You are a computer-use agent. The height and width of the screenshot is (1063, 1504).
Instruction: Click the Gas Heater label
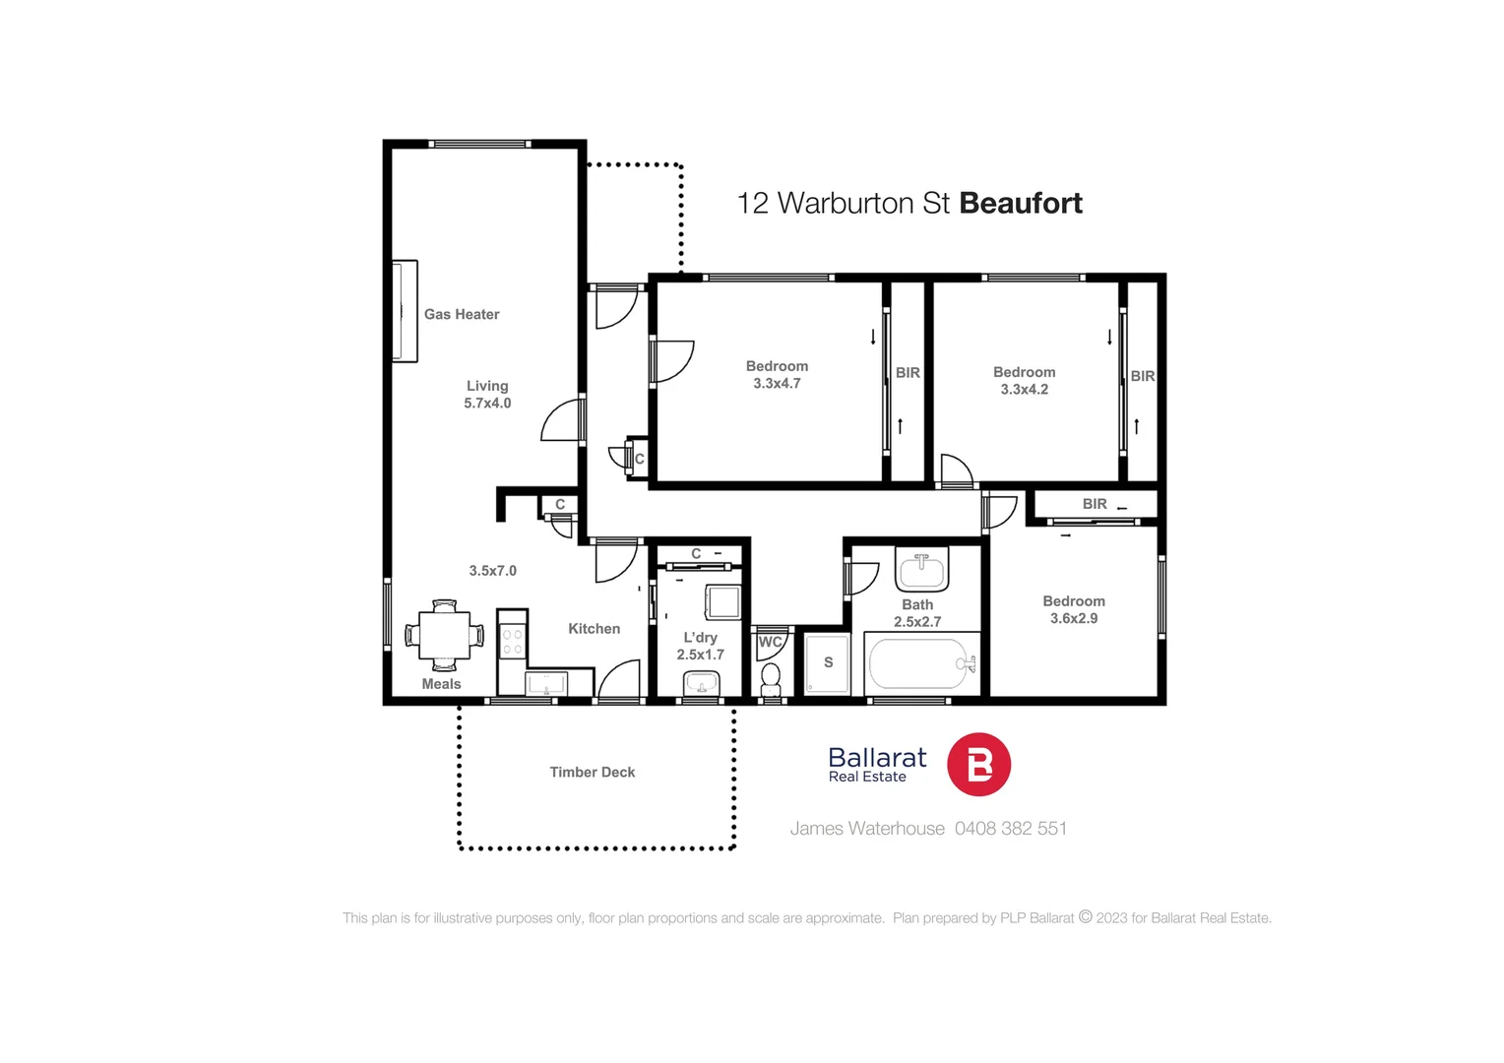pos(462,314)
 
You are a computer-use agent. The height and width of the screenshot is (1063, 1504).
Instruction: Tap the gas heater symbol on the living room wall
pos(405,311)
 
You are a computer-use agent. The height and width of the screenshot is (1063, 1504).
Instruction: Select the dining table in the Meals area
pos(445,635)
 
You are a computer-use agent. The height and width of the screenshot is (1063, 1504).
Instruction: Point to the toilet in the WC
pos(771,678)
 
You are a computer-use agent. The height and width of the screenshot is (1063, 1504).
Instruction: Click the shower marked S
pos(828,662)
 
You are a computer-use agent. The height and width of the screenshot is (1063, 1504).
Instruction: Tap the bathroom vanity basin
pos(921,569)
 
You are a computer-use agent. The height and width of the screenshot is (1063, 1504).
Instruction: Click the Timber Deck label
pos(593,773)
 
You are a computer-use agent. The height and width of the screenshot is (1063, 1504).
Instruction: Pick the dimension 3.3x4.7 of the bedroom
pos(777,384)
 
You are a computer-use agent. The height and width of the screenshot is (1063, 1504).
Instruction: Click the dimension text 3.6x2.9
pos(1074,618)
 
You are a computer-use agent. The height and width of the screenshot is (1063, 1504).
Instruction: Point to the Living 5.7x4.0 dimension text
pos(487,403)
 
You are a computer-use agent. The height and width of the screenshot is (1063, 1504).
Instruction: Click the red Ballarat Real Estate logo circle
pos(978,765)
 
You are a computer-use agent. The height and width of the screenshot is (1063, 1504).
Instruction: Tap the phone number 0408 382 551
pos(1011,829)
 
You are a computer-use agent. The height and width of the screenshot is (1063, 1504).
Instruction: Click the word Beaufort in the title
pos(1021,203)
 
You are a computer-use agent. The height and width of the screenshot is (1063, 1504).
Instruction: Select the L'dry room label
pos(700,638)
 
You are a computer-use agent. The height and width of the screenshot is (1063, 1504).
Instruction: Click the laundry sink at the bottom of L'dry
pos(701,682)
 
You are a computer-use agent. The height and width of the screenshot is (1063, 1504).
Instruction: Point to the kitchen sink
pos(545,682)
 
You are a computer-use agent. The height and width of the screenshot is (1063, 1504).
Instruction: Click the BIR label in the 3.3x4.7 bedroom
pos(908,373)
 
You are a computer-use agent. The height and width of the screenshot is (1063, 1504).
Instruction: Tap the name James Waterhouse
pos(867,829)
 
